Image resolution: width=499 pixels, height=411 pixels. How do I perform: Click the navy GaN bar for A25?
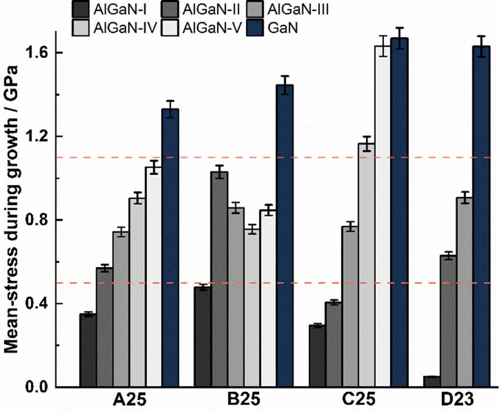(x=170, y=248)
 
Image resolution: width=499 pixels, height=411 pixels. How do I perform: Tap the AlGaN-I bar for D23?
(x=432, y=381)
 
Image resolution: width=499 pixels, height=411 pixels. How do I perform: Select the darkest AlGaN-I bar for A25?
(x=88, y=350)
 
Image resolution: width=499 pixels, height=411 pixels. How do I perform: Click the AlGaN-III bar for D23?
(x=465, y=292)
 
